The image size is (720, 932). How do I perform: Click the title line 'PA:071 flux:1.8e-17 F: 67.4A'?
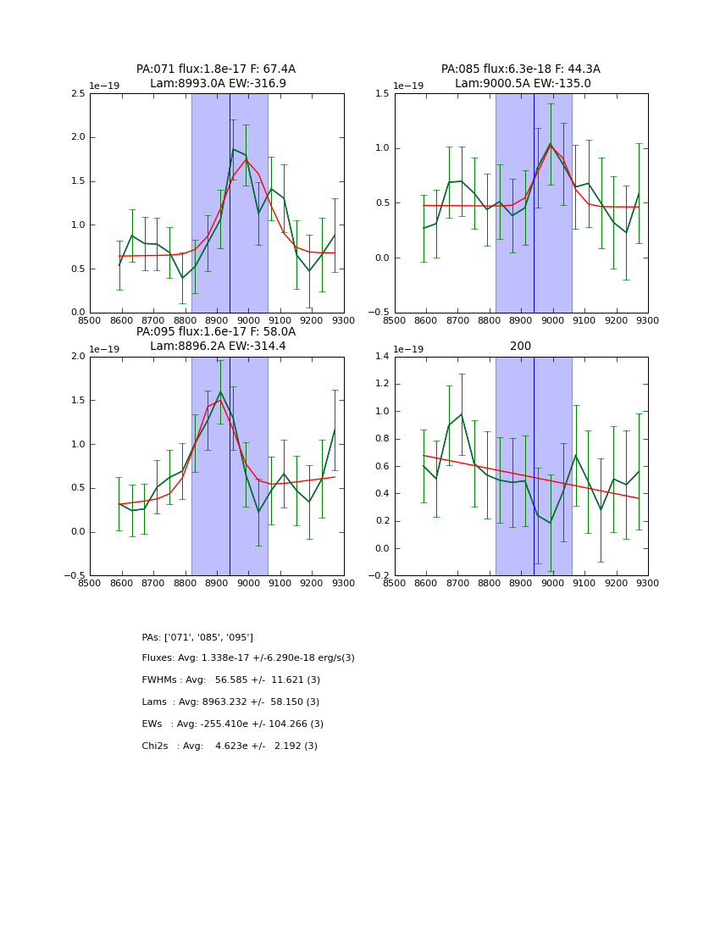pos(216,69)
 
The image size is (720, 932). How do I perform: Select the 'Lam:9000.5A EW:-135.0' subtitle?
pos(523,84)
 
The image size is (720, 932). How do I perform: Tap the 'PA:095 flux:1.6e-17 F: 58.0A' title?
pos(216,332)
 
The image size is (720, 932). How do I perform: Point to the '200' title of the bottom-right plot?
pos(520,347)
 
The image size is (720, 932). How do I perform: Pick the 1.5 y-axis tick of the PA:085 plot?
pos(381,94)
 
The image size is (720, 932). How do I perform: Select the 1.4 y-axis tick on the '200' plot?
pos(381,357)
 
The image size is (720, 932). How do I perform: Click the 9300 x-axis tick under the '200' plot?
pos(647,583)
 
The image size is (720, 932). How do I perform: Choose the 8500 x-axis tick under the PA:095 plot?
pos(90,583)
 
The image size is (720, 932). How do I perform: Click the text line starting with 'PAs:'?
pos(197,637)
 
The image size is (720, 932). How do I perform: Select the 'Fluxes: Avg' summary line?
pos(248,658)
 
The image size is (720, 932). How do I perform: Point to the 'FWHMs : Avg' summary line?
pos(231,680)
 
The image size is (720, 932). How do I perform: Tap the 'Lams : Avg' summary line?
pos(231,702)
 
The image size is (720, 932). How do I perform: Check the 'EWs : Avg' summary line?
pos(233,724)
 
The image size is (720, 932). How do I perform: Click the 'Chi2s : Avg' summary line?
pos(230,746)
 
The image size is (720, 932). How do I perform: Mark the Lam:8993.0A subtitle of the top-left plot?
pos(218,84)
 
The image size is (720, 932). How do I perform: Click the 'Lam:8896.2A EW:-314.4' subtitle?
pos(218,347)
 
